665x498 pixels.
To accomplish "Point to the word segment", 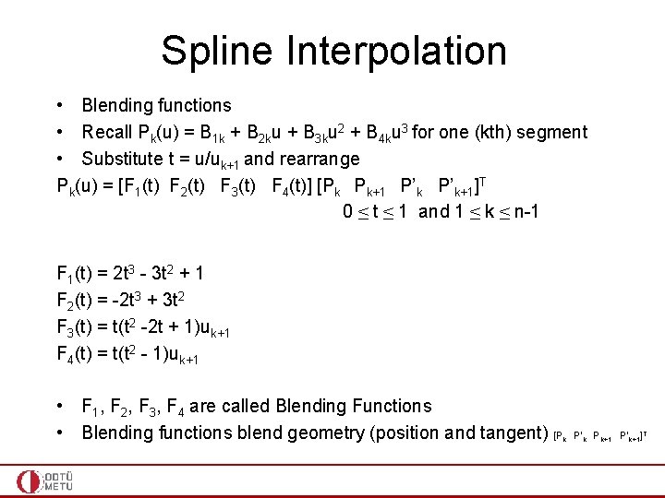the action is point(551,133).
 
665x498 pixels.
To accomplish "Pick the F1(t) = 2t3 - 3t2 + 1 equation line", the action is point(130,274).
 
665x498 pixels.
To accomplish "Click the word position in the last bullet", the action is point(422,433).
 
